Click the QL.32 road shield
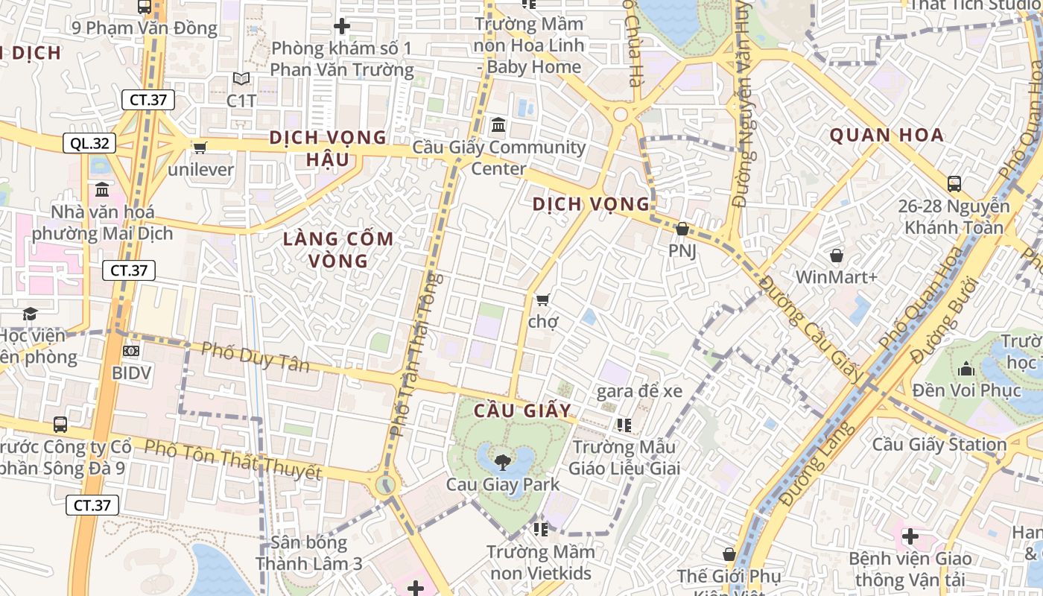[91, 143]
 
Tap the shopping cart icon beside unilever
[200, 148]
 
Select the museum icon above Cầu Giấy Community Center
[498, 124]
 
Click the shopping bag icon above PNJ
[682, 229]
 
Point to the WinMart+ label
[837, 277]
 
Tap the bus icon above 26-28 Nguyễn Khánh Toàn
[954, 183]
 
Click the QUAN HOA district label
[887, 136]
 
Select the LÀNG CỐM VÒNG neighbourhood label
[339, 250]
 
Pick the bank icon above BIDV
[132, 350]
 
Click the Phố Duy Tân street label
[256, 356]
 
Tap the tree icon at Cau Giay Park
[503, 462]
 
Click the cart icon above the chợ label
[543, 299]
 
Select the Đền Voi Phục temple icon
[967, 369]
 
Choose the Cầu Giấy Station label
[939, 445]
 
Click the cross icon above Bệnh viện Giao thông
[910, 536]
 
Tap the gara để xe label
[640, 390]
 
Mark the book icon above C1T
[241, 79]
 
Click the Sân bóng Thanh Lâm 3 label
[309, 553]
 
